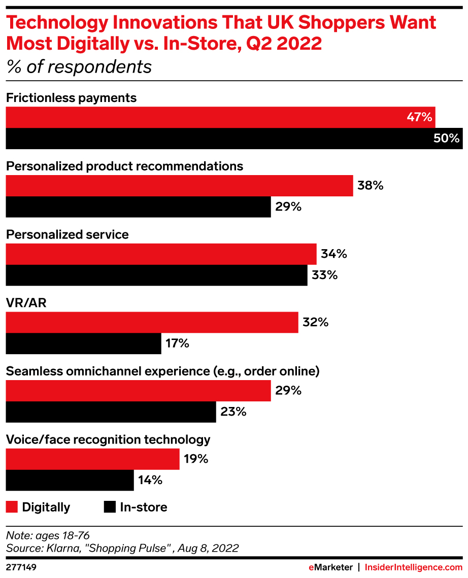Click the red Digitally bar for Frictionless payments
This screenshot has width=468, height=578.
point(220,117)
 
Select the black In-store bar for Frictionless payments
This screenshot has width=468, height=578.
point(233,139)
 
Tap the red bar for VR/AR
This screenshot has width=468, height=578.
point(152,323)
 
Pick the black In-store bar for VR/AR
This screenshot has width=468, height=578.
point(83,344)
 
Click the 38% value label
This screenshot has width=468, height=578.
point(370,186)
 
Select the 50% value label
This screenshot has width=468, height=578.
point(447,138)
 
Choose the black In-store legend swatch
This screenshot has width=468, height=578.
point(109,506)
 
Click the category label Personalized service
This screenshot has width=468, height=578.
point(68,234)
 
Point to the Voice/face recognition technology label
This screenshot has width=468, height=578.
point(108,439)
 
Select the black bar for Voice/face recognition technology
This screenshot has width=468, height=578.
point(70,480)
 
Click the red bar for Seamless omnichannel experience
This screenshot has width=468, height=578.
point(138,391)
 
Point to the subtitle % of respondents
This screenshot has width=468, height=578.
point(79,67)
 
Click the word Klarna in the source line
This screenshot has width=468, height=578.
point(60,548)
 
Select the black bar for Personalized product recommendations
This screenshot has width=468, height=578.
point(138,207)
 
